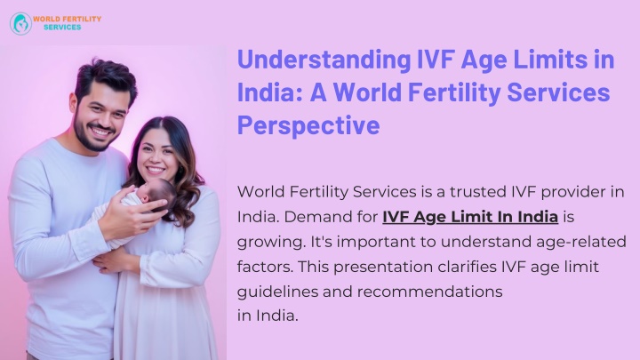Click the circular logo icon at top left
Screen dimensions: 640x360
coord(20,23)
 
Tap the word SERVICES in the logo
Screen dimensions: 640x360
coord(62,28)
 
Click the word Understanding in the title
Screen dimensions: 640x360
coord(324,60)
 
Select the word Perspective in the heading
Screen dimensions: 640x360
coord(308,124)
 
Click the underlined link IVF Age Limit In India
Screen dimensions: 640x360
coord(470,217)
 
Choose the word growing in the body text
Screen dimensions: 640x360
coord(271,243)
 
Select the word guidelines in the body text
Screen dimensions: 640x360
coord(277,292)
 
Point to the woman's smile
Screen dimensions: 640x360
coord(156,170)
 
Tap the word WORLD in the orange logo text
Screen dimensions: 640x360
coord(46,19)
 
